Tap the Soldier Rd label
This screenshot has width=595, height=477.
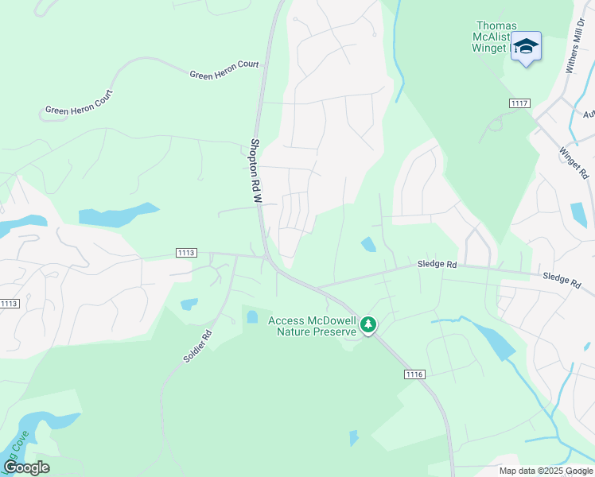click(x=197, y=347)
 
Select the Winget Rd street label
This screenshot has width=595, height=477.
click(x=573, y=162)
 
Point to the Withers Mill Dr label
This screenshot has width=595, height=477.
click(x=577, y=47)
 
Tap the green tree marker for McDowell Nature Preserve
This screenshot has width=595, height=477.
click(x=367, y=324)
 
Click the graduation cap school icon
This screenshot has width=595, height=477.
click(x=526, y=47)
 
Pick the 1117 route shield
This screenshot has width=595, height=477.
click(x=520, y=103)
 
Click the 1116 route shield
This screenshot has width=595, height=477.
click(x=414, y=374)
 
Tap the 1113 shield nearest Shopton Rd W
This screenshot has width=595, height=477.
click(x=186, y=253)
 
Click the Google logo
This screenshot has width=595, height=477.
click(x=26, y=467)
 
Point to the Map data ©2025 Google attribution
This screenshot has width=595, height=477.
click(x=544, y=471)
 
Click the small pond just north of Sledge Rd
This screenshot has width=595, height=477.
click(x=369, y=244)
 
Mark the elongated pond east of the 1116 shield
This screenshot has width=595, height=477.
click(x=496, y=343)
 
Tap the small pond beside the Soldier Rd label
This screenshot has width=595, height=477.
click(x=189, y=304)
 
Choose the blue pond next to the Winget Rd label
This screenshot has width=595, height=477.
click(x=579, y=214)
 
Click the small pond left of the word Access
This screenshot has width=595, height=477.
click(x=252, y=316)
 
